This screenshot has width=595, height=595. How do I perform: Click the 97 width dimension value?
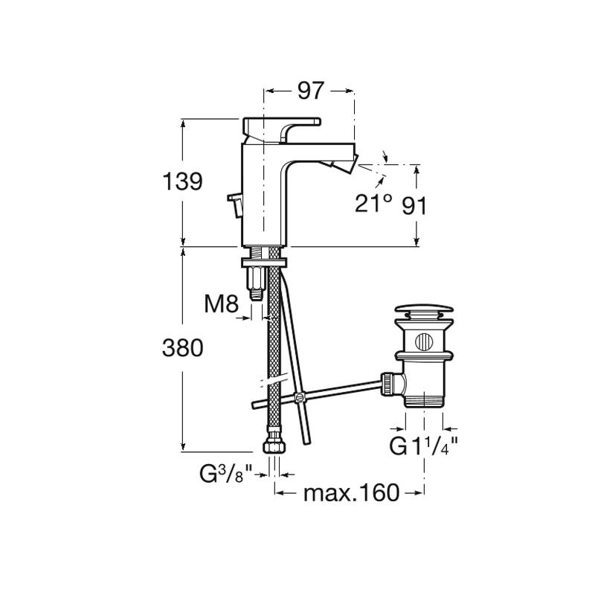[x=310, y=91]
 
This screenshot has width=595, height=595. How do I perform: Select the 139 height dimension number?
[x=182, y=181]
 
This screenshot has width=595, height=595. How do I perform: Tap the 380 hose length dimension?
[x=182, y=348]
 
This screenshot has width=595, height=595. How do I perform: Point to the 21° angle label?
[x=373, y=203]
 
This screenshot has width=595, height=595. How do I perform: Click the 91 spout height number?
[x=414, y=206]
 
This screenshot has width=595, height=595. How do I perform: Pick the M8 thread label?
[x=222, y=303]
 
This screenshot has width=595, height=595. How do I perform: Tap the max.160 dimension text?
[x=352, y=492]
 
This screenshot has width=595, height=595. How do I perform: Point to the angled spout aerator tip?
[x=344, y=162]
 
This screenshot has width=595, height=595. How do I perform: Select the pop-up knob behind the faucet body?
[x=236, y=205]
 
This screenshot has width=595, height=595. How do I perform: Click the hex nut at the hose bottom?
[x=274, y=446]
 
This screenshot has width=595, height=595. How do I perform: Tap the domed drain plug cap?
[x=424, y=310]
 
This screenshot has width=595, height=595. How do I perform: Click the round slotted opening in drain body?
[x=424, y=341]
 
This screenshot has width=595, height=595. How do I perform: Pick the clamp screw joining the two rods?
[x=300, y=398]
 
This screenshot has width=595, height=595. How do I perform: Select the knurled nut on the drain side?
[x=387, y=384]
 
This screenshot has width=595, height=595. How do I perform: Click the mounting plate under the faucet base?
[x=264, y=263]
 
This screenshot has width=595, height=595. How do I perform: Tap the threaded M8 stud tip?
[x=256, y=295]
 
